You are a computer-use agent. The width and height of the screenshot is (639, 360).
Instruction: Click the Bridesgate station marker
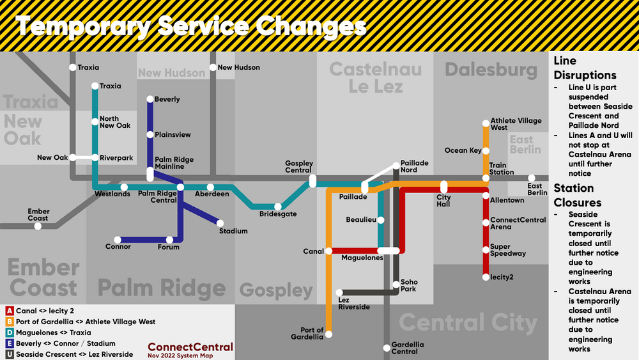point(278,207)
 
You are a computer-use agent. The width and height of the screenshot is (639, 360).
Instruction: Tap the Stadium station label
point(233,231)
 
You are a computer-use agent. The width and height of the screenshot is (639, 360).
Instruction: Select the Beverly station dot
point(150,99)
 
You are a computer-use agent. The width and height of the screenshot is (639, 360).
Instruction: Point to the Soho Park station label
point(408,285)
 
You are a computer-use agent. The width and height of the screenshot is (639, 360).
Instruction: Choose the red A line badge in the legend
point(10,311)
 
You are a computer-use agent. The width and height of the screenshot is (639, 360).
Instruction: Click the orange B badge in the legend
point(10,322)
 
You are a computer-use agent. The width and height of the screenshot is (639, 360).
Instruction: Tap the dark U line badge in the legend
point(10,354)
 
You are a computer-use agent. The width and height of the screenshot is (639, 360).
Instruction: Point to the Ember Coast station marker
point(38,226)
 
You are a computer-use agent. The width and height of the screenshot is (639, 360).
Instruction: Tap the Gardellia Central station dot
point(387,348)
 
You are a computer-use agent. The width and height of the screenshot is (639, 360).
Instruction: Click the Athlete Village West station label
point(515,124)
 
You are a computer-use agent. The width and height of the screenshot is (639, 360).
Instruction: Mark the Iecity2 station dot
point(486,277)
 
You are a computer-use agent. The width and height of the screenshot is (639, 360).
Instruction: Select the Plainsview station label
point(173,135)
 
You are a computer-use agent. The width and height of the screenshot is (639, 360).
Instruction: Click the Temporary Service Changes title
point(190,27)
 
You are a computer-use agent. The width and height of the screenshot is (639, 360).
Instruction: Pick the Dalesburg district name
point(491,70)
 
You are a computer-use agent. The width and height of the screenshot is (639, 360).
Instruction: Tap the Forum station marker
point(169,240)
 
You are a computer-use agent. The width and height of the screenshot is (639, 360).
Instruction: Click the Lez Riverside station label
point(353,303)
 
